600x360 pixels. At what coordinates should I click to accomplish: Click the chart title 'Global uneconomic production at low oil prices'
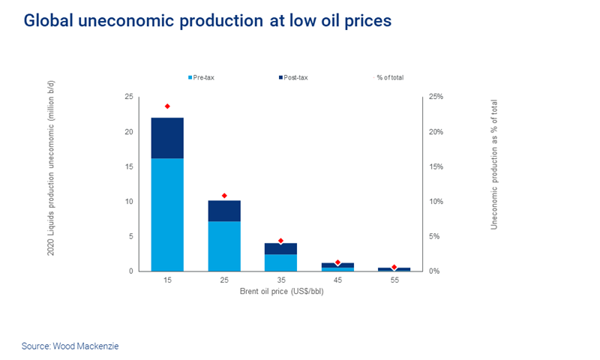[208, 21]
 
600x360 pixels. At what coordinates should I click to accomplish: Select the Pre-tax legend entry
[202, 77]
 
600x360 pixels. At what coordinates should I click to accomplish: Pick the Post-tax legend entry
[294, 77]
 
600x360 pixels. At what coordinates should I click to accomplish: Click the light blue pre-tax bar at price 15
[167, 214]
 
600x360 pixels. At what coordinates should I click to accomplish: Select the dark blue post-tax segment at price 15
[167, 138]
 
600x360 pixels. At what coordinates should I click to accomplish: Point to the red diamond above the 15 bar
[167, 106]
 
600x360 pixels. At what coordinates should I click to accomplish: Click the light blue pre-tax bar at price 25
[224, 246]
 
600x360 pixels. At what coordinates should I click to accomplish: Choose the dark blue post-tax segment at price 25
[224, 211]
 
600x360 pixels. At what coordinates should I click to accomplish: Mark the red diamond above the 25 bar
[224, 196]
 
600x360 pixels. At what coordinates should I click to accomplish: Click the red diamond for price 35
[280, 241]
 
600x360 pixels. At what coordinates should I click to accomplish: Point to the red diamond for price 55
[394, 267]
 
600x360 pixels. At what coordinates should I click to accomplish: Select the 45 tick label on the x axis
[337, 280]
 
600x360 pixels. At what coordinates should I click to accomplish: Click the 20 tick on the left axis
[130, 132]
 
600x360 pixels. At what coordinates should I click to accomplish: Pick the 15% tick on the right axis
[436, 167]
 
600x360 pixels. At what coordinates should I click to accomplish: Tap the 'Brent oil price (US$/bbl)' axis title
[280, 291]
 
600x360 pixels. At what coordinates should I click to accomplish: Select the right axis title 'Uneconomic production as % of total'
[494, 163]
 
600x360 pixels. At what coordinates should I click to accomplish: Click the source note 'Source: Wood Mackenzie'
[70, 346]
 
